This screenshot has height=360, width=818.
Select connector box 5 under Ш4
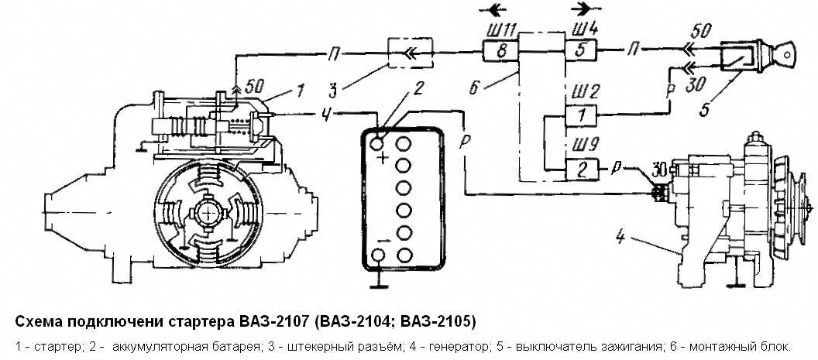[x=580, y=51]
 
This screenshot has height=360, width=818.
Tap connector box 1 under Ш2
[x=580, y=115]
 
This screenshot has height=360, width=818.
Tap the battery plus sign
[x=383, y=157]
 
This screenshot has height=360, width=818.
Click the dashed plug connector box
[x=410, y=52]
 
